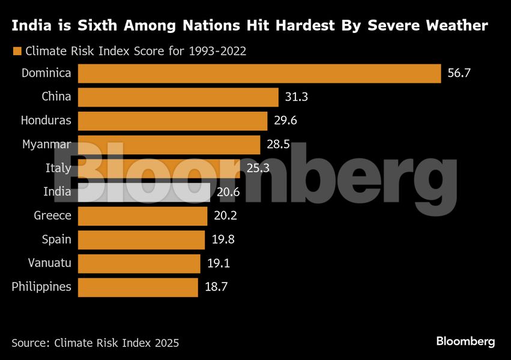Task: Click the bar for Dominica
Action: (259, 73)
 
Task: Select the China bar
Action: (178, 97)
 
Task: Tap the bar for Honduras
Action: (172, 121)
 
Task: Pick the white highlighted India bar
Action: (144, 192)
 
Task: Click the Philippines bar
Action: (138, 287)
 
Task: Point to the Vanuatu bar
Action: (139, 263)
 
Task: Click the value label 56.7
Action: (459, 73)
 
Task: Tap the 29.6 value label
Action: (285, 121)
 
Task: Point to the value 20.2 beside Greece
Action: (225, 216)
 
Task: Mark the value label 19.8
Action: (223, 239)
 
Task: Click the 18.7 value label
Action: (216, 287)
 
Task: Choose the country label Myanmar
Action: (47, 145)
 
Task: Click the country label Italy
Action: (58, 169)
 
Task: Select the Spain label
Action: (56, 239)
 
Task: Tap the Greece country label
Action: (53, 216)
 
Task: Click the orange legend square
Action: (17, 51)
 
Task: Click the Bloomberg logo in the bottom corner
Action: (465, 341)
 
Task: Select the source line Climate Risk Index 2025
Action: (95, 343)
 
